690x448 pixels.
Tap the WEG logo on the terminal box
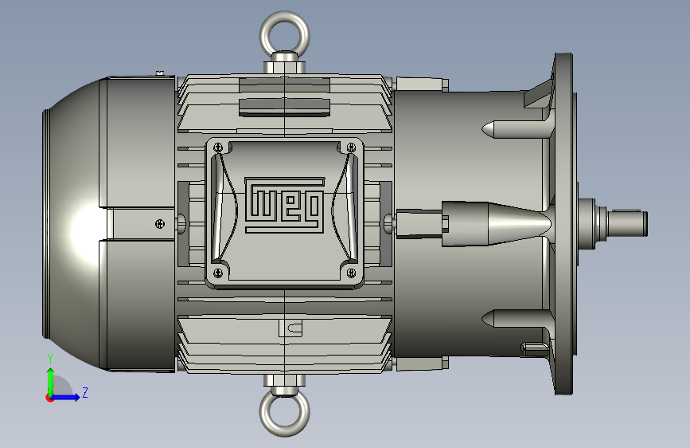click(285, 205)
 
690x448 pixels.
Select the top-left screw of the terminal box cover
click(218, 147)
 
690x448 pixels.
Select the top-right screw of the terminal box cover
click(351, 147)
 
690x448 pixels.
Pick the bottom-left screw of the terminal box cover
click(218, 273)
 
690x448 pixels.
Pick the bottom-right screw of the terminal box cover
click(351, 273)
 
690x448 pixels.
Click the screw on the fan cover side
click(160, 224)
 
